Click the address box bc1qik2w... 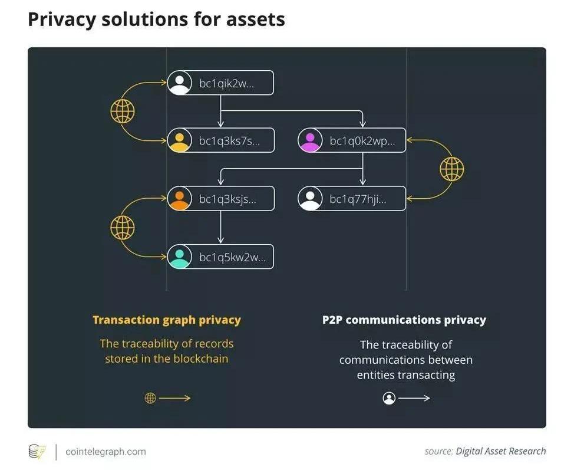(x=221, y=83)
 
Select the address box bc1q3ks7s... (x=221, y=140)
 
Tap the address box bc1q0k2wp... (x=352, y=140)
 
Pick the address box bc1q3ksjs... (x=221, y=199)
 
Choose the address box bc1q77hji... (x=352, y=199)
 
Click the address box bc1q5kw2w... (x=221, y=257)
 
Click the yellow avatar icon (x=179, y=140)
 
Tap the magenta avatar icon (x=310, y=140)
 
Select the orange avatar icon (x=179, y=199)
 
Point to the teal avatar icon (x=179, y=257)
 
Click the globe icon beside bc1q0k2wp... (x=451, y=170)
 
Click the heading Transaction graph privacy (x=167, y=320)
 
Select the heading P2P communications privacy (x=404, y=320)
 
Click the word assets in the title (x=257, y=19)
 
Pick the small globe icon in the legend (x=150, y=398)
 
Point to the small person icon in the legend (x=389, y=398)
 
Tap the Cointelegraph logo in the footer (x=37, y=452)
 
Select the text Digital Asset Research (x=501, y=451)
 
